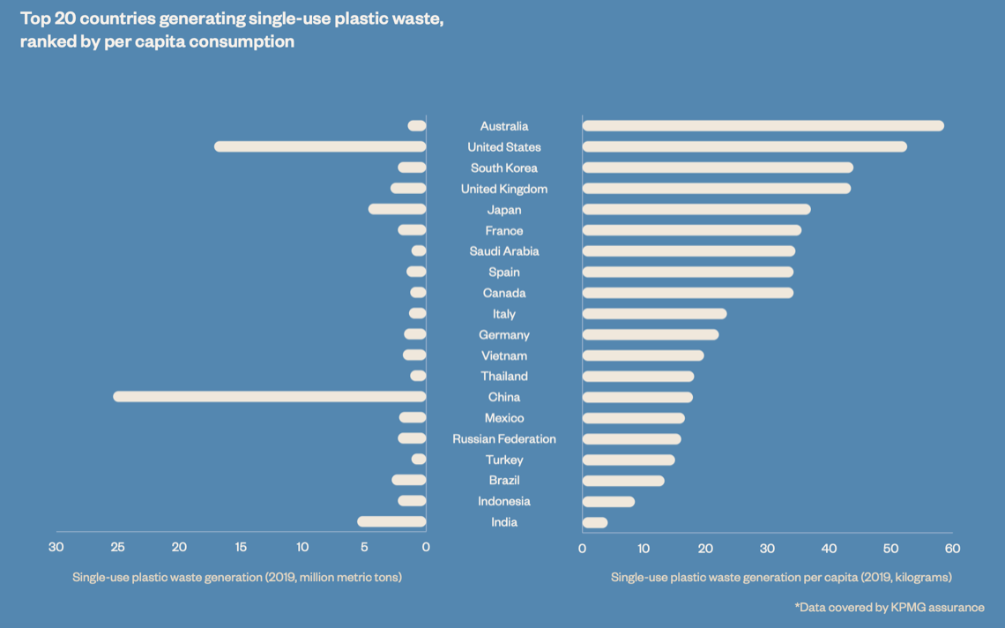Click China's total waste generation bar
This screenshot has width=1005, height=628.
click(269, 397)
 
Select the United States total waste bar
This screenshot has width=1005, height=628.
click(320, 146)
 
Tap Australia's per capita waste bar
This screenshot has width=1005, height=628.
click(763, 126)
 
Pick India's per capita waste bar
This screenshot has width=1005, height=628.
click(595, 522)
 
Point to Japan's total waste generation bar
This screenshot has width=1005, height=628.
click(397, 209)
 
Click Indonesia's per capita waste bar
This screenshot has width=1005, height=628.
click(608, 501)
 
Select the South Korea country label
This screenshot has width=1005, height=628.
click(504, 168)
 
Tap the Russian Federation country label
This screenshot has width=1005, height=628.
click(504, 438)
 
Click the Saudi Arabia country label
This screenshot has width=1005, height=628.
click(504, 251)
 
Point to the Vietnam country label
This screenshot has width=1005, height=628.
click(504, 355)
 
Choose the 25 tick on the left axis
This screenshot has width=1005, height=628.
click(117, 548)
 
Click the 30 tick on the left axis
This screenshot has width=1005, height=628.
click(56, 548)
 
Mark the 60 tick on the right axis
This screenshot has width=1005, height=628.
click(952, 548)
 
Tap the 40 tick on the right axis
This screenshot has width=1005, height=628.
click(829, 548)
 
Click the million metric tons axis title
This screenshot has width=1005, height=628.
click(237, 577)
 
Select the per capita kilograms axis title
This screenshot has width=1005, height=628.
click(781, 577)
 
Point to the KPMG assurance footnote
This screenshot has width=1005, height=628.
click(890, 607)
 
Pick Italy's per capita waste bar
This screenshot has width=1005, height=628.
click(654, 314)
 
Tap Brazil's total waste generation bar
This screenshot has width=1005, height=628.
click(409, 480)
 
